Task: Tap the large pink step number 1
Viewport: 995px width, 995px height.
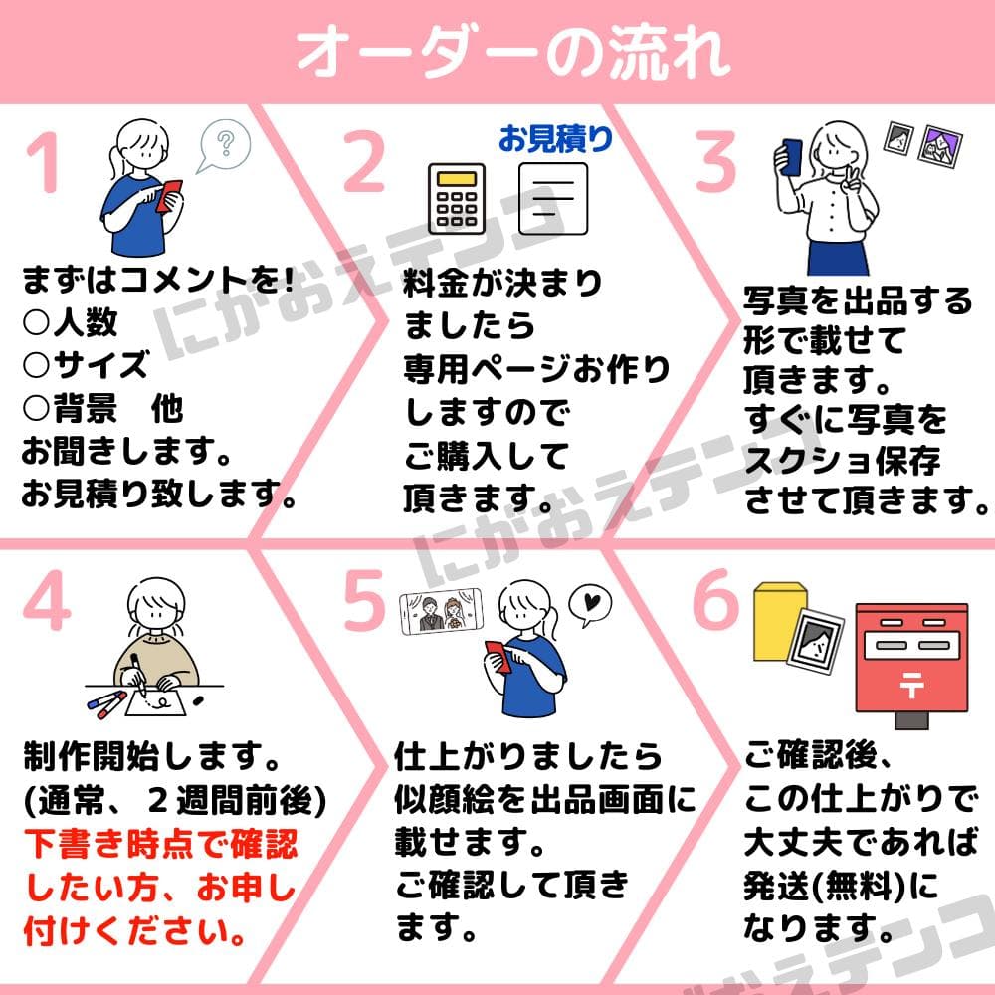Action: pyautogui.click(x=43, y=162)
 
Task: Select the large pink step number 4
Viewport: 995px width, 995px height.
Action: pyautogui.click(x=46, y=600)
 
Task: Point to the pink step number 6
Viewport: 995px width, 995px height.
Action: pyautogui.click(x=715, y=598)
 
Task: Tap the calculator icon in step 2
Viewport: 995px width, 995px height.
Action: pyautogui.click(x=457, y=198)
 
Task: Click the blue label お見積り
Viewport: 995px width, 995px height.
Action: pyautogui.click(x=556, y=138)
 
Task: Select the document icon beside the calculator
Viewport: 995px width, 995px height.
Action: pyautogui.click(x=553, y=199)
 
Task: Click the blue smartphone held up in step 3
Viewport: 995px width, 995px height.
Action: pyautogui.click(x=792, y=157)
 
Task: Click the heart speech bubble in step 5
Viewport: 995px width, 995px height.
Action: pyautogui.click(x=589, y=604)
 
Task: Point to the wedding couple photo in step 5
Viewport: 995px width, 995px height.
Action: pyautogui.click(x=440, y=612)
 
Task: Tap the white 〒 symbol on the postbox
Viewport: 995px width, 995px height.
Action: pyautogui.click(x=911, y=686)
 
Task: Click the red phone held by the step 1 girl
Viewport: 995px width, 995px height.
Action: pyautogui.click(x=169, y=195)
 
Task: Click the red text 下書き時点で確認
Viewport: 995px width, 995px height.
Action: pyautogui.click(x=161, y=844)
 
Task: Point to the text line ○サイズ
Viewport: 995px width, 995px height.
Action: pyautogui.click(x=86, y=365)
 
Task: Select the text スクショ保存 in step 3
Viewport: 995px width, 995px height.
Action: pyautogui.click(x=843, y=460)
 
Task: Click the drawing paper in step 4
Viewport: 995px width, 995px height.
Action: pyautogui.click(x=155, y=703)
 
